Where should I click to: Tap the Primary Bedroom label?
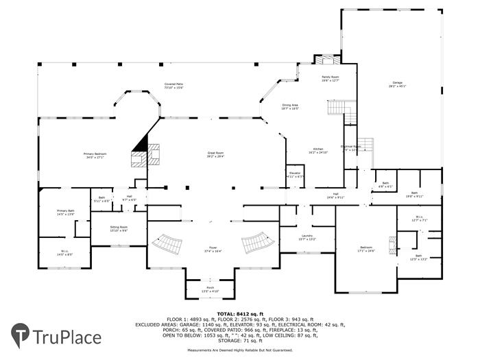(95, 156)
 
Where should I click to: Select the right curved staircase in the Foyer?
(254, 243)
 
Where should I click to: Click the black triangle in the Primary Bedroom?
(142, 143)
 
